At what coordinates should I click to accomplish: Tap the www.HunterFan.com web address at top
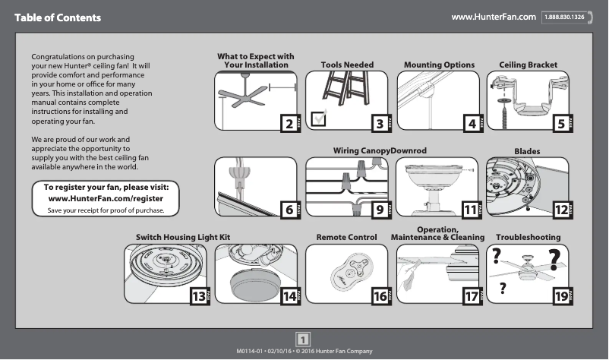click(x=494, y=17)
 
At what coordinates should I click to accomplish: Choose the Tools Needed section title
click(x=347, y=65)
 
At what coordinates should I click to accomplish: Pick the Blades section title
click(x=527, y=152)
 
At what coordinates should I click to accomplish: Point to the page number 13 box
click(x=197, y=297)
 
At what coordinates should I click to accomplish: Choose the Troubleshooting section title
click(x=528, y=238)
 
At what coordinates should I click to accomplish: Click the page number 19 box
click(x=561, y=297)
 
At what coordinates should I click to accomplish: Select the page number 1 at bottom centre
click(x=304, y=339)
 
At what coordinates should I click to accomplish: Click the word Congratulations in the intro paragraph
click(x=60, y=58)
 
